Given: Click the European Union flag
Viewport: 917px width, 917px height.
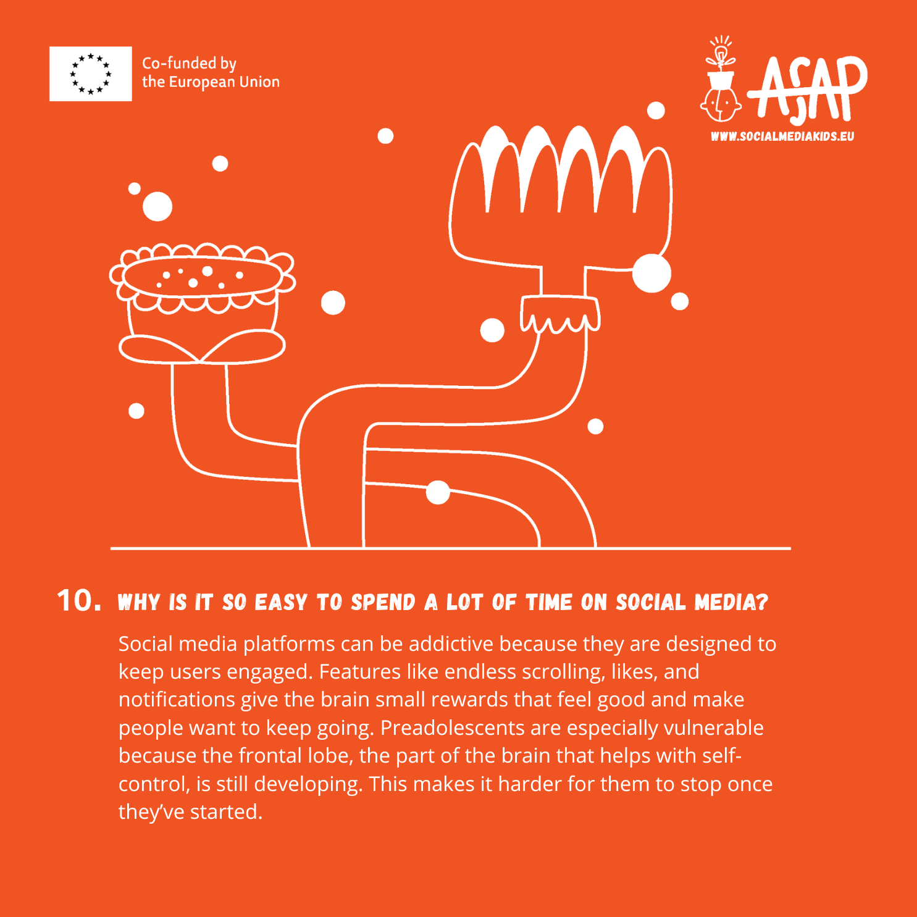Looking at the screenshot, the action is pos(91,73).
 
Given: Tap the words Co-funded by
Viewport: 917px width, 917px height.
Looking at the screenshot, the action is pos(190,64).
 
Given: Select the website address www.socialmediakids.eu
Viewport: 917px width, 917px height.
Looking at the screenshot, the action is pos(782,136).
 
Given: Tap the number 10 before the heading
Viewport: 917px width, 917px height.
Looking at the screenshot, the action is pos(79,600).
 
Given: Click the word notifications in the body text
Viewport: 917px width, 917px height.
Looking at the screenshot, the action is pos(177,700).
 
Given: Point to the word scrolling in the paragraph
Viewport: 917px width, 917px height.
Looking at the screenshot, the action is pos(563,672).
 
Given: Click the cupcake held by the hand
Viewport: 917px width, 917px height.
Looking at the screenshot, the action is pos(202,303).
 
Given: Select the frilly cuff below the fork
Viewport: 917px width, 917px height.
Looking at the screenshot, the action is pos(559,314).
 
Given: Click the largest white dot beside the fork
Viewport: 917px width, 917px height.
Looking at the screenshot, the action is pos(651,273).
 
